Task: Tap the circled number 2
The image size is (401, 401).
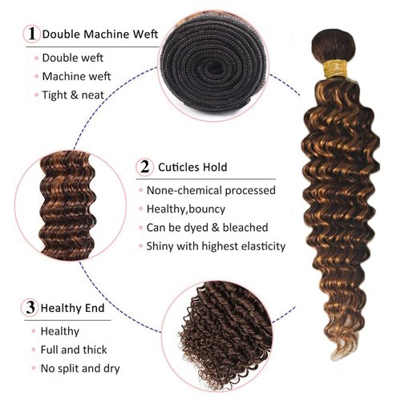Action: tap(144, 167)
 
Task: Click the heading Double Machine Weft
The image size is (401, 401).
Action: tap(100, 34)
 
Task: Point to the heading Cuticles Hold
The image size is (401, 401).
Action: tap(192, 168)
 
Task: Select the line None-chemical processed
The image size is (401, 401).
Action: tap(213, 191)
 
